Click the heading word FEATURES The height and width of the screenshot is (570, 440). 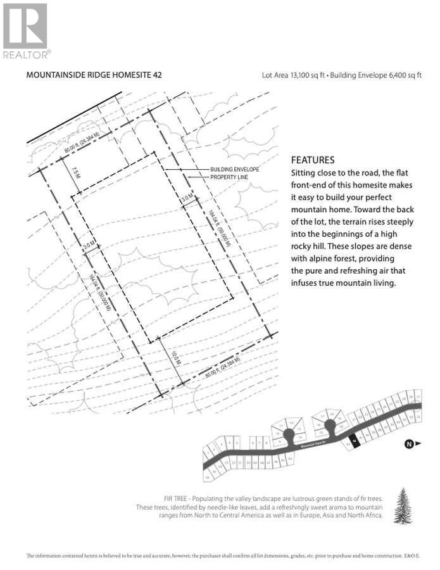coord(312,160)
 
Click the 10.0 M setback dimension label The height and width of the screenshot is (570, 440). coord(176,358)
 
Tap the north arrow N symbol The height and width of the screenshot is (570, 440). coord(409,444)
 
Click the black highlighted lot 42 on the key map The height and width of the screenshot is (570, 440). coord(355,440)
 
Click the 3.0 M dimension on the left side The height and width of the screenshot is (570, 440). coord(89,244)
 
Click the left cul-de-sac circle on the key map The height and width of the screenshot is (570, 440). coord(289,434)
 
